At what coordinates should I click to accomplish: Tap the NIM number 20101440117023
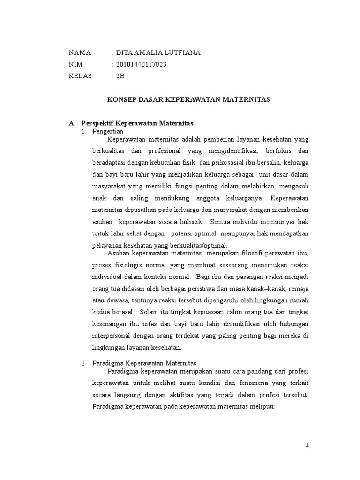point(141,65)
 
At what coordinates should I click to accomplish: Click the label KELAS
point(81,76)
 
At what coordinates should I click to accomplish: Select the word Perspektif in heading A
point(97,123)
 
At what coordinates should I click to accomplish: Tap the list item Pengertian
point(108,131)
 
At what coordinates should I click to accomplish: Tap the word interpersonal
point(112,336)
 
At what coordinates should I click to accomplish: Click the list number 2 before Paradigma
point(84,363)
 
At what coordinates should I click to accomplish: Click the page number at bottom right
point(307,445)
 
